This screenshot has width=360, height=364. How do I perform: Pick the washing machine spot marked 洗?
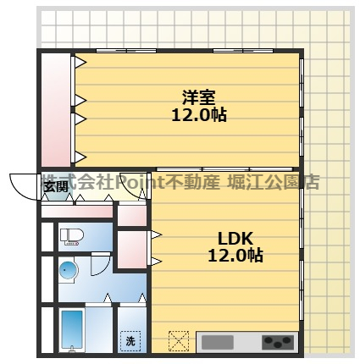coord(130,340)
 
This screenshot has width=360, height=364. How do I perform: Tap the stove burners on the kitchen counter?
coord(277,343)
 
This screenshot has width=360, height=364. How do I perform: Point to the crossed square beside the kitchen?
coord(179,341)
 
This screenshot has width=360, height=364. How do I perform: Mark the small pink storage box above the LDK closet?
coord(131,214)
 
